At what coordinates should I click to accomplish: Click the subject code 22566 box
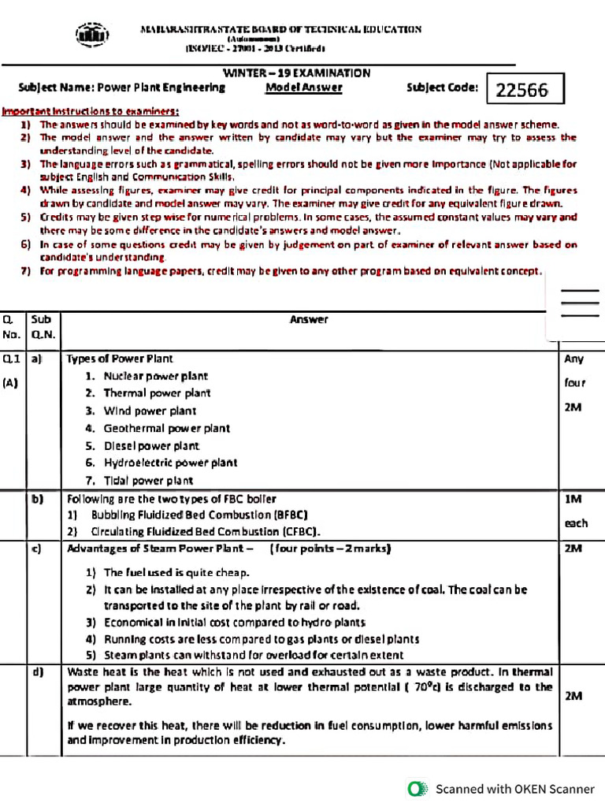pyautogui.click(x=525, y=90)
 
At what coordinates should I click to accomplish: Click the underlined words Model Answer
pyautogui.click(x=303, y=87)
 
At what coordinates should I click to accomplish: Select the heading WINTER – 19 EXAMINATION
pyautogui.click(x=296, y=73)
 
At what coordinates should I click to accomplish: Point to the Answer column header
pyautogui.click(x=309, y=319)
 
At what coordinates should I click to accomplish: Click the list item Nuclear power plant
pyautogui.click(x=155, y=376)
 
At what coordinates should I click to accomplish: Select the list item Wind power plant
pyautogui.click(x=150, y=411)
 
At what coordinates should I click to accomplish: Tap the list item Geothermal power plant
pyautogui.click(x=166, y=428)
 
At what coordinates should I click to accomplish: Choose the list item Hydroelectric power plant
pyautogui.click(x=170, y=463)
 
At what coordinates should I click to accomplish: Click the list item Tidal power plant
pyautogui.click(x=148, y=480)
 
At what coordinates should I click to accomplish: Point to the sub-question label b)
pyautogui.click(x=37, y=499)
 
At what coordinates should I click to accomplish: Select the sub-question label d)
pyautogui.click(x=37, y=671)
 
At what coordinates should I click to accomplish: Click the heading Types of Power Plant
pyautogui.click(x=120, y=359)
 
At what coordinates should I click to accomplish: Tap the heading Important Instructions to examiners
pyautogui.click(x=90, y=111)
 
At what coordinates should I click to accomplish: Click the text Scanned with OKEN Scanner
pyautogui.click(x=515, y=788)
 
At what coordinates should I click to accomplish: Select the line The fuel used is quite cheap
pyautogui.click(x=176, y=573)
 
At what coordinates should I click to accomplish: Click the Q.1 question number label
pyautogui.click(x=11, y=359)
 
